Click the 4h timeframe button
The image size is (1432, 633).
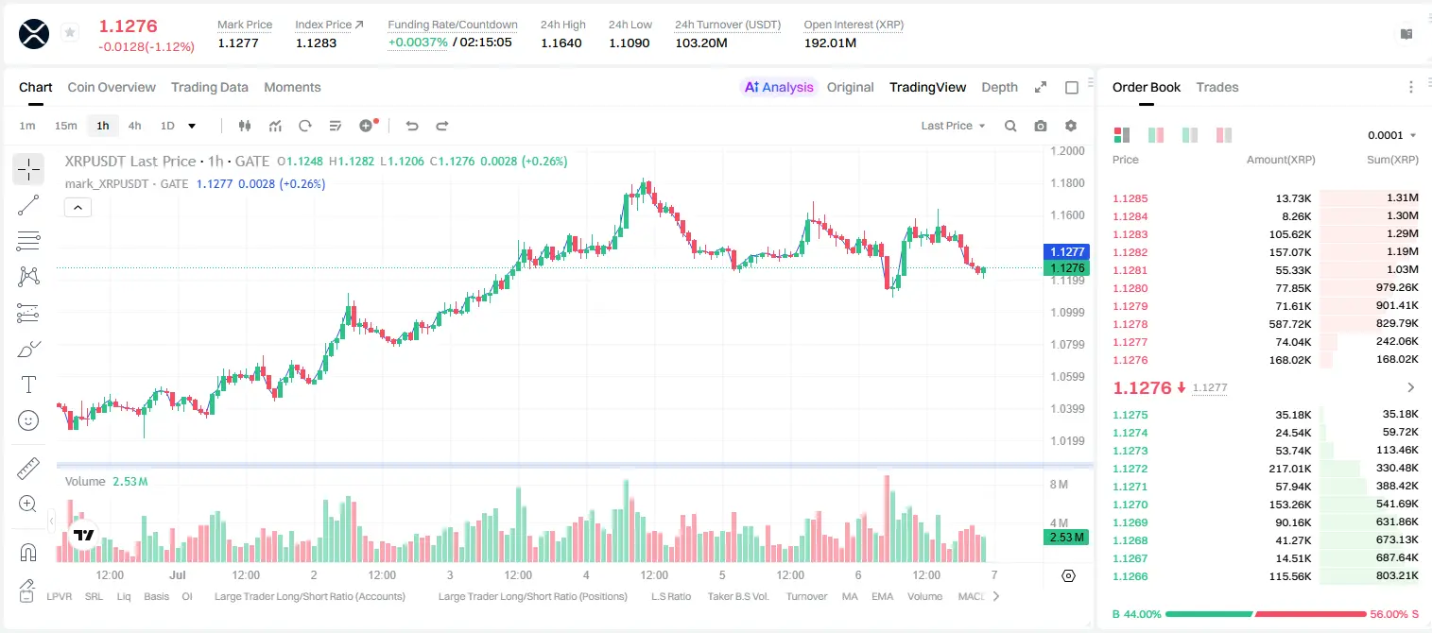tap(134, 126)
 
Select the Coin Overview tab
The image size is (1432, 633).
tap(112, 87)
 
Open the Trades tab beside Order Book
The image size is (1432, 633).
tap(1217, 87)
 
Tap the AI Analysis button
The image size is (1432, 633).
tap(779, 87)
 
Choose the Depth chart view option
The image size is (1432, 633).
tap(999, 87)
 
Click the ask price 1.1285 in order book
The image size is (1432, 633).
tap(1130, 198)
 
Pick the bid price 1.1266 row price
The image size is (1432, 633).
tap(1130, 576)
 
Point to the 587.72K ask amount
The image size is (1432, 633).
tap(1289, 324)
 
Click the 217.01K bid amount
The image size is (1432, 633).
tap(1289, 469)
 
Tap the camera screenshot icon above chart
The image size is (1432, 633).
tap(1041, 126)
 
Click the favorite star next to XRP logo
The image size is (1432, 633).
tap(70, 32)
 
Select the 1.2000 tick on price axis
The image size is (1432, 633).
tap(1067, 151)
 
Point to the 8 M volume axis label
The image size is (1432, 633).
tap(1059, 484)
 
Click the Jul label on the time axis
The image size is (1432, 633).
tap(177, 574)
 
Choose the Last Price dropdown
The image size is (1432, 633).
tap(953, 126)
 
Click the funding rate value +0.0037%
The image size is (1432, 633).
tap(418, 43)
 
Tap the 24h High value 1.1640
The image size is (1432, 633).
tap(561, 43)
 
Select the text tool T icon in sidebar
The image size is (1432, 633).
tap(28, 385)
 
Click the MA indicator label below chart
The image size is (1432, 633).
tap(850, 596)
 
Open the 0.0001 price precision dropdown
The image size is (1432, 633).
tap(1391, 135)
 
